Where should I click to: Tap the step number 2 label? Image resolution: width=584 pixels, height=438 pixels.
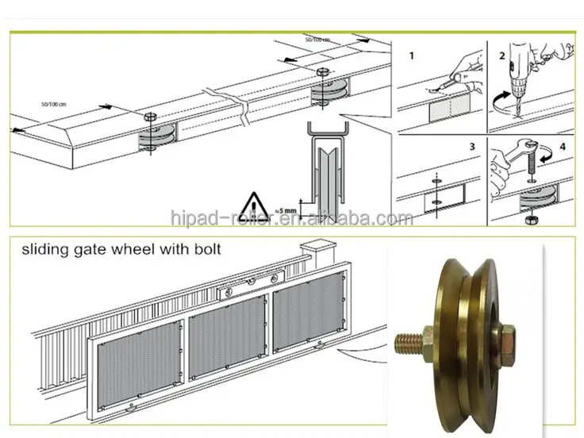pos(501,56)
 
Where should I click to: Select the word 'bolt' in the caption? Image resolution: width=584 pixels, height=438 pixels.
pos(205,249)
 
